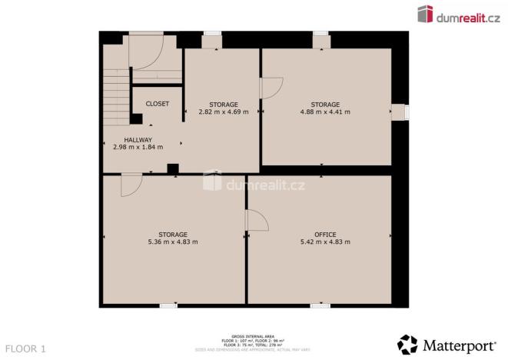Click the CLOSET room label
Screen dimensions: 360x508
click(158, 104)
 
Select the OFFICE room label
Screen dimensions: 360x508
click(325, 234)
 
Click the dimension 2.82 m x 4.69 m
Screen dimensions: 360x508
click(224, 112)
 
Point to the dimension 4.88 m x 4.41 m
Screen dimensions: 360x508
click(325, 112)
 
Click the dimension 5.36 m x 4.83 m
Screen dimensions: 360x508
click(173, 242)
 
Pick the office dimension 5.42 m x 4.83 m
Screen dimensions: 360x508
click(325, 242)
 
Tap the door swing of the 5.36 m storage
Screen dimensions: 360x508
click(131, 185)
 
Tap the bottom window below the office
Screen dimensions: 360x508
click(320, 305)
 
